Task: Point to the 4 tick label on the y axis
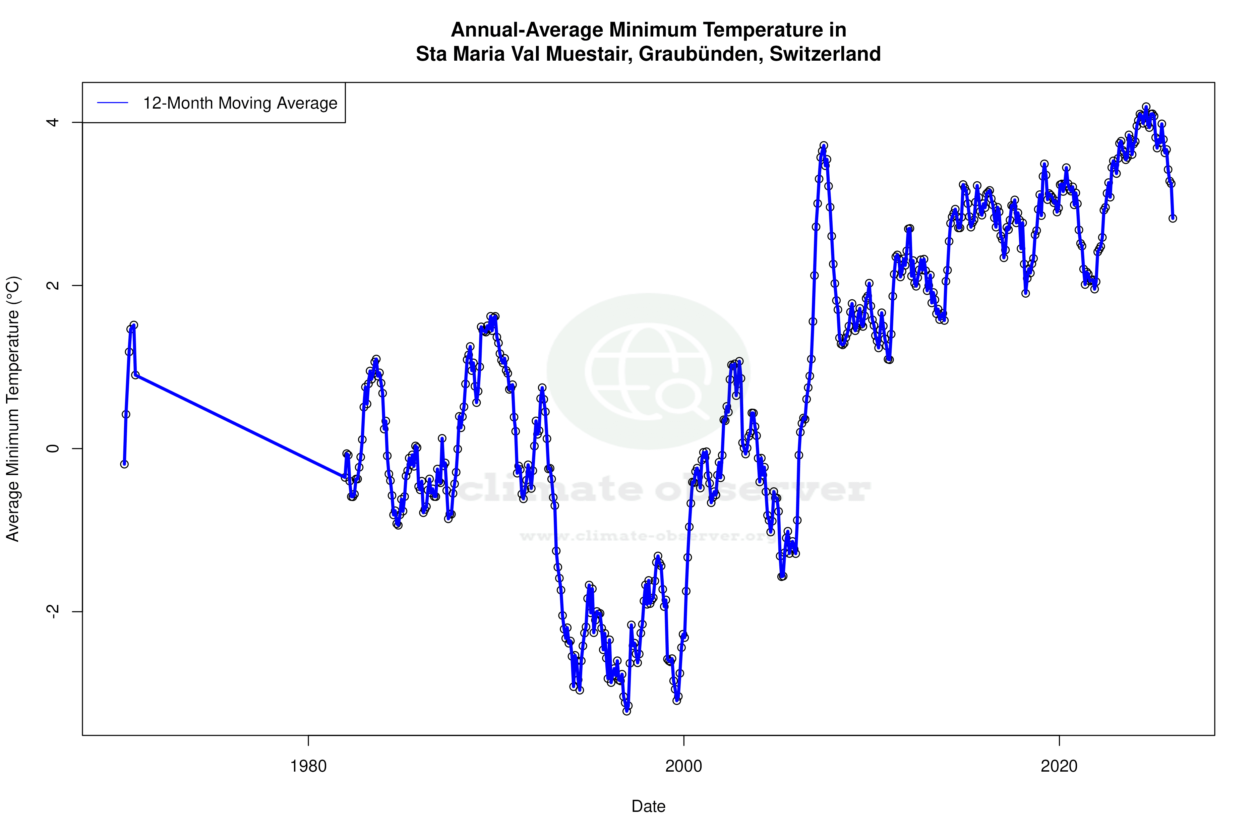click(x=52, y=122)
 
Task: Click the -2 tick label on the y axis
click(x=52, y=611)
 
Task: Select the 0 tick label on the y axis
click(x=52, y=448)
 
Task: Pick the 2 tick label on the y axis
click(x=52, y=285)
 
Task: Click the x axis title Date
click(x=648, y=806)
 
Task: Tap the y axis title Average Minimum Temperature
click(x=13, y=409)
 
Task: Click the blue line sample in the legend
click(x=112, y=103)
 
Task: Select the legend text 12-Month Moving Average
click(x=240, y=103)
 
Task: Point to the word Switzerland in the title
click(x=825, y=54)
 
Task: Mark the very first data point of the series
click(x=124, y=464)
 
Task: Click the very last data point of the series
click(x=1173, y=218)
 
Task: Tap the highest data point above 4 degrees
click(x=1146, y=107)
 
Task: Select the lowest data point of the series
click(x=627, y=711)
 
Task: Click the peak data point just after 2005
click(x=824, y=146)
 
